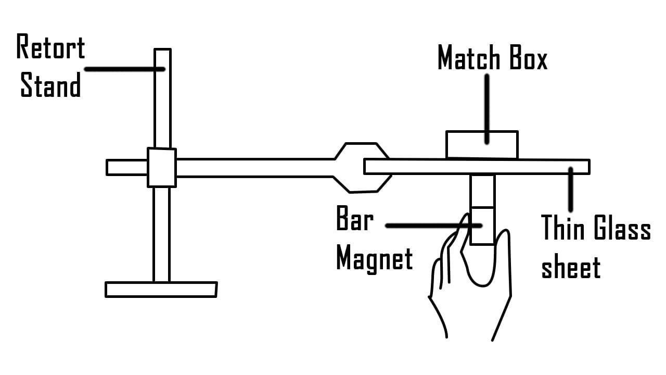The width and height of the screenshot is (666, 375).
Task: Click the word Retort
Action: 50,47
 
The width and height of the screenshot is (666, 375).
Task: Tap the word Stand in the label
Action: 50,85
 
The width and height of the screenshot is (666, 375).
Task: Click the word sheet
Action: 571,268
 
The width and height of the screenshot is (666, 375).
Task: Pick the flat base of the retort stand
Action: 161,289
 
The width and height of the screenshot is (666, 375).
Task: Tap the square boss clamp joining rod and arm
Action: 161,167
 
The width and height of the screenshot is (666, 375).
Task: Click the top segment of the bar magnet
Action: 482,191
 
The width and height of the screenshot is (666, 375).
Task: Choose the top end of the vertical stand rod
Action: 162,53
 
